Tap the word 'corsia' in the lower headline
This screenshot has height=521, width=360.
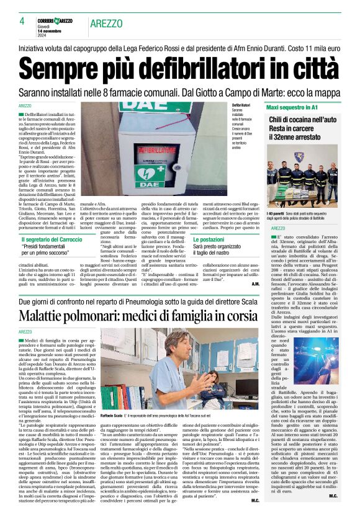238,314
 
